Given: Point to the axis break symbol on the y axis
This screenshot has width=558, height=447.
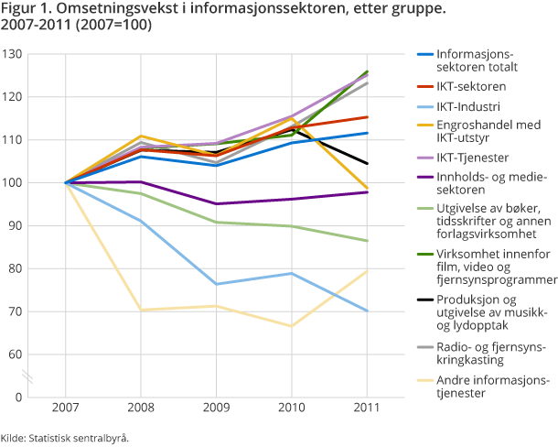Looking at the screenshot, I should click(x=28, y=376).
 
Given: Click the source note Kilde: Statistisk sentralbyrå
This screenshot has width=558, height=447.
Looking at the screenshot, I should click(x=64, y=438).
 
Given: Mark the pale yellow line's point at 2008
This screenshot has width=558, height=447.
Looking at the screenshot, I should click(x=141, y=310).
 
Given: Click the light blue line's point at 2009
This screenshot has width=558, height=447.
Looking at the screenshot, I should click(x=216, y=284).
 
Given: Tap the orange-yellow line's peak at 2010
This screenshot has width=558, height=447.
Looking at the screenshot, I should click(x=291, y=119).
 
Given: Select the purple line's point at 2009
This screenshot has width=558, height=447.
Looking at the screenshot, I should click(x=216, y=203).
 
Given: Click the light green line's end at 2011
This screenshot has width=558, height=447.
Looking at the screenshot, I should click(x=366, y=241).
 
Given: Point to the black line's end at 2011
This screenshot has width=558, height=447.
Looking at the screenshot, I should click(x=366, y=163).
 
